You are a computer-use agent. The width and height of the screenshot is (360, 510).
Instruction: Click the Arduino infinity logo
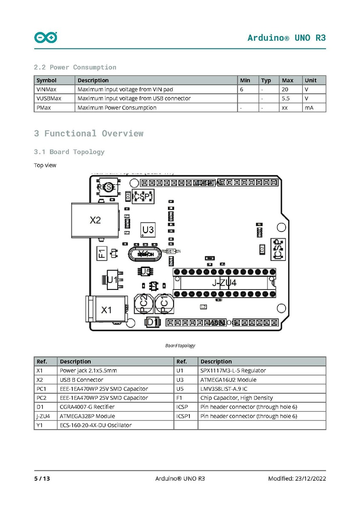[46, 38]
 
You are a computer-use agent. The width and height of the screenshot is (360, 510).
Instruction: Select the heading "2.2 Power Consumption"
[75, 67]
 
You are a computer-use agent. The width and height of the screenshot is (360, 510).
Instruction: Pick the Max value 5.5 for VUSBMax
[286, 98]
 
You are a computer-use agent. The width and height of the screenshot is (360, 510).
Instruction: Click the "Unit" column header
[311, 80]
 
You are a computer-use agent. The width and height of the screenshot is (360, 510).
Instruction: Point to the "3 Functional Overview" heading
[89, 133]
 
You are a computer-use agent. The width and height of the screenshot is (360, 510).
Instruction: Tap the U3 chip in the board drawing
[148, 230]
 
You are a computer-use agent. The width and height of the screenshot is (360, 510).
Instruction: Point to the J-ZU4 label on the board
[224, 283]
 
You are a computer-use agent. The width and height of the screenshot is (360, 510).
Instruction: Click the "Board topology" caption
[180, 346]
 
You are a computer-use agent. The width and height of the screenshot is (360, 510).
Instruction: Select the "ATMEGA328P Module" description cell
[87, 416]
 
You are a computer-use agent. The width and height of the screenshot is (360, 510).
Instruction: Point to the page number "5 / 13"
[42, 478]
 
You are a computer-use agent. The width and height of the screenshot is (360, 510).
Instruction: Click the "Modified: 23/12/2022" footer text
[297, 478]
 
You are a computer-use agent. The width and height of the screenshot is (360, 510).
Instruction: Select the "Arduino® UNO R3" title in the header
[286, 37]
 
